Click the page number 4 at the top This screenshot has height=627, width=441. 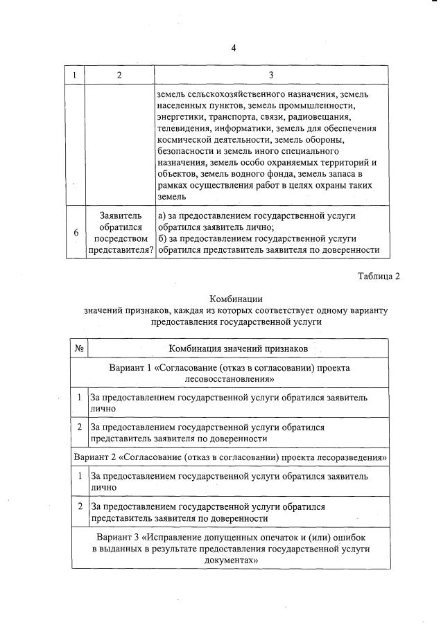point(234,48)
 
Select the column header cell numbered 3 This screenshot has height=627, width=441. point(270,75)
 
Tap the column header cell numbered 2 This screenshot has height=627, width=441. point(119,75)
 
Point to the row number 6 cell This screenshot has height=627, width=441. point(76,233)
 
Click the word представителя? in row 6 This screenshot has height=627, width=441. point(119,251)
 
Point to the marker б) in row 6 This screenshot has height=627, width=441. point(162,238)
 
